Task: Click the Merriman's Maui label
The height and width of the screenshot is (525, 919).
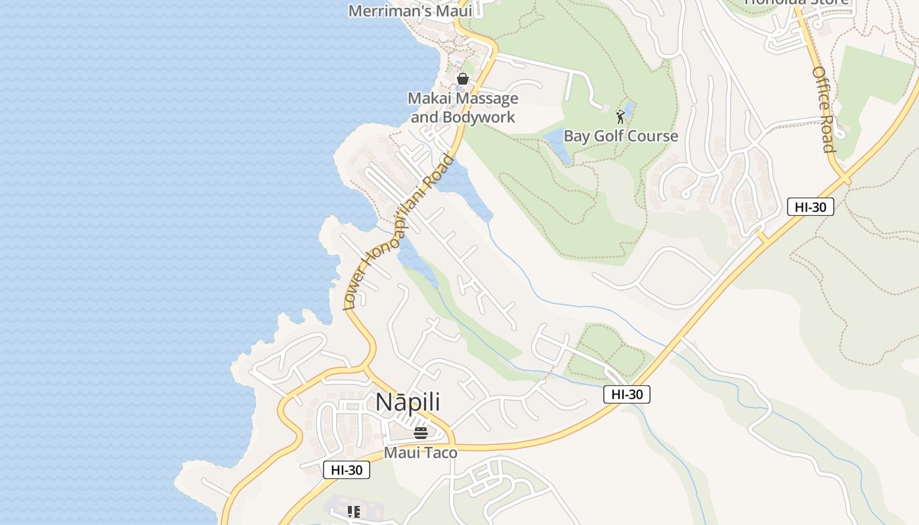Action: pyautogui.click(x=410, y=10)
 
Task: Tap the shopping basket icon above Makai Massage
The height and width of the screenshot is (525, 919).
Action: pyautogui.click(x=463, y=79)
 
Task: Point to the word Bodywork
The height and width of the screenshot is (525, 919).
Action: pyautogui.click(x=479, y=117)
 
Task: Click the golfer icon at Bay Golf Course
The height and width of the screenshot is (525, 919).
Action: pyautogui.click(x=620, y=117)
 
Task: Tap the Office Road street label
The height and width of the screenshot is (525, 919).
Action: pyautogui.click(x=823, y=109)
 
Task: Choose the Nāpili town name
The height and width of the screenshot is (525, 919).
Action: pyautogui.click(x=408, y=403)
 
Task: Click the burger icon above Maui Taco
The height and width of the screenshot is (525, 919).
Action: pyautogui.click(x=421, y=432)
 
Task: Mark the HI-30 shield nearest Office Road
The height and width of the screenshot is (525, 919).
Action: pyautogui.click(x=810, y=207)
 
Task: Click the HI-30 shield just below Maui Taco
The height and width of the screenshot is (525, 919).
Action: pyautogui.click(x=347, y=470)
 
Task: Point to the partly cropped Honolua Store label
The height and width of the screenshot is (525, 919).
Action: pyautogui.click(x=796, y=2)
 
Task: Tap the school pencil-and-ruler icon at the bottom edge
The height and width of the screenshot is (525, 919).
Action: pyautogui.click(x=354, y=512)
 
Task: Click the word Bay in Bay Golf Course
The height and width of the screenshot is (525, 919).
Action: pyautogui.click(x=577, y=136)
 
